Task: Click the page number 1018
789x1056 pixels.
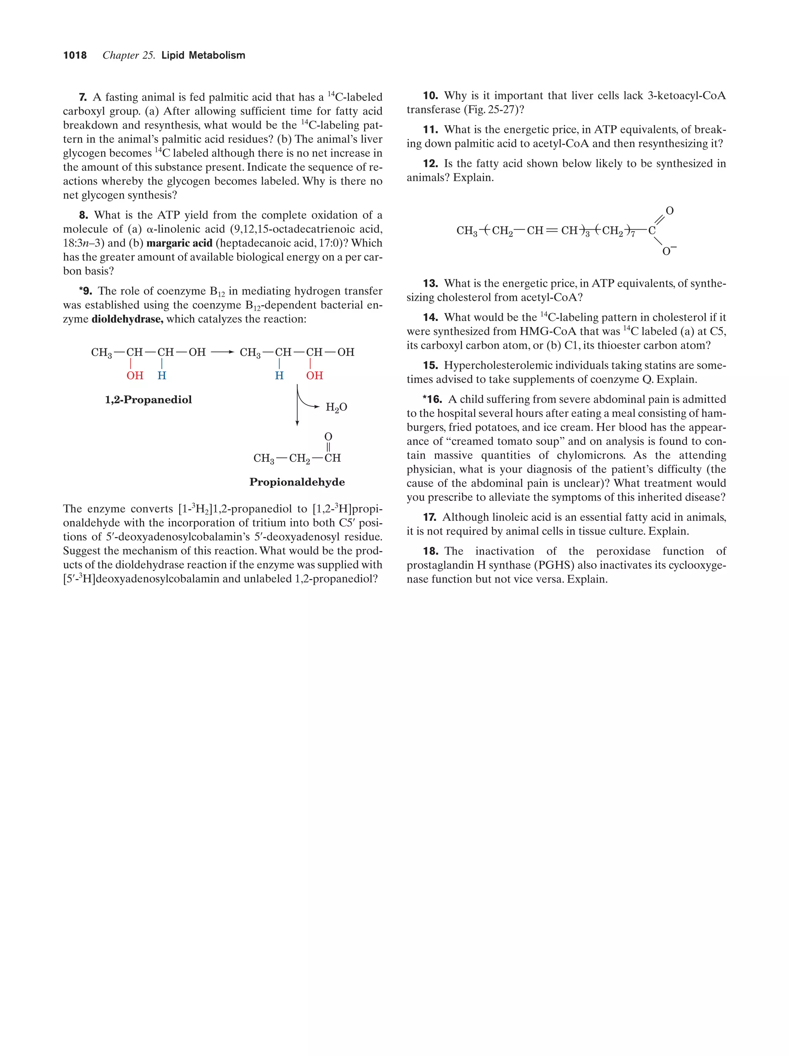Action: coord(75,55)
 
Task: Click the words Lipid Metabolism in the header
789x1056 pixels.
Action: coord(203,55)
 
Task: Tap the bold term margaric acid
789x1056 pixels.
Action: coord(179,243)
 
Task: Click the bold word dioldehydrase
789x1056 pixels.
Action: coord(127,319)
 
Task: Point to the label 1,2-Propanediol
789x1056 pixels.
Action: coord(148,400)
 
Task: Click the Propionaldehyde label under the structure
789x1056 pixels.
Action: coord(297,482)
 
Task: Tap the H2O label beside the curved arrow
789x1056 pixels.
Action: coord(336,407)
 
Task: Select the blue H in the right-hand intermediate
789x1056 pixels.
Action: coord(279,376)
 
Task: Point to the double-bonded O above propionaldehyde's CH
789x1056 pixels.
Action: coord(328,437)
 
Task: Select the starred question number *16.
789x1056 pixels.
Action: coord(432,399)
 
